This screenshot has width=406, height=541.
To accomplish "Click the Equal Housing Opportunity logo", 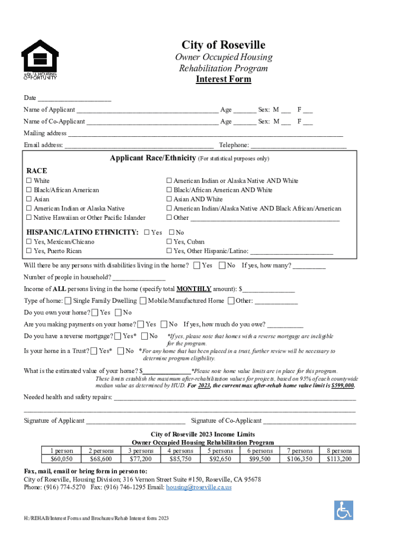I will coord(39,59).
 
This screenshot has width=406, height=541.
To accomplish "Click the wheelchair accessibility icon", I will coord(343,510).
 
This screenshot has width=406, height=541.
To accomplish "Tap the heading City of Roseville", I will coord(224,45).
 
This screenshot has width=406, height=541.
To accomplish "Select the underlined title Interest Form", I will coord(224,79).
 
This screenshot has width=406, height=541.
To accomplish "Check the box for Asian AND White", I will coord(169,199).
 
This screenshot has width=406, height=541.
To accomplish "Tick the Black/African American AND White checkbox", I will coord(169,190).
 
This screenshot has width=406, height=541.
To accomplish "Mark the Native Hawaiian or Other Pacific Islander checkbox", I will coord(29,218).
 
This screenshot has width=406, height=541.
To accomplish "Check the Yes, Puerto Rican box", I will coord(29,251).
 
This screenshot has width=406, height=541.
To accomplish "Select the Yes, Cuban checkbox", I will coord(169,242).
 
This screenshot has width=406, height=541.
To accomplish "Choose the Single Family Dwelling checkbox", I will coord(67,301).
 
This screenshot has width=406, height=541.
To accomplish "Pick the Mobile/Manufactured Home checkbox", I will coord(143,301).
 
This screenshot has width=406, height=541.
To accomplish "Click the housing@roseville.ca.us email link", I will coord(199,487).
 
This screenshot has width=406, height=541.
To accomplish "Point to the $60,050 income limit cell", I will coord(62,459).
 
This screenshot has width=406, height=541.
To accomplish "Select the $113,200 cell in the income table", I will coord(339,459).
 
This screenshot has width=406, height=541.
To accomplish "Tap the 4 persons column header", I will coord(180,451).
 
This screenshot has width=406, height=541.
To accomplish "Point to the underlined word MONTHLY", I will coord(194,289).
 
